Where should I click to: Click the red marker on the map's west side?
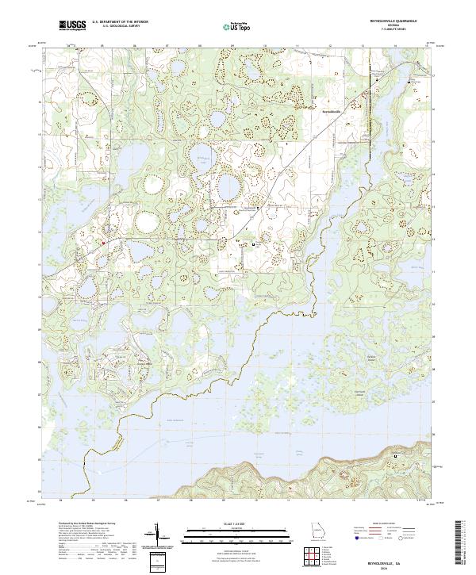tap(103, 243)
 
